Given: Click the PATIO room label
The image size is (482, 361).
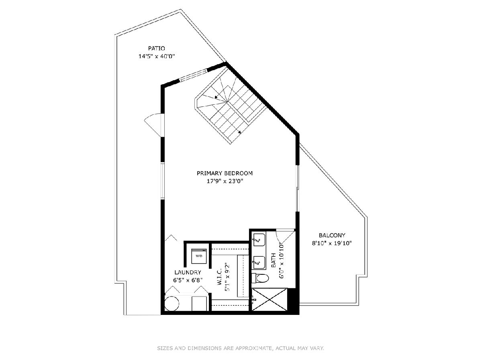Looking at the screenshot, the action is [x=156, y=48].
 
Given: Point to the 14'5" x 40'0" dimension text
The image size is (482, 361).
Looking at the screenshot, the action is [x=156, y=56].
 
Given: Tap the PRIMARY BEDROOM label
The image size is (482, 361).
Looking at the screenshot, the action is [x=225, y=173].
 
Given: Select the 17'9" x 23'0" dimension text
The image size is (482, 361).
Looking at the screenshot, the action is [x=225, y=181].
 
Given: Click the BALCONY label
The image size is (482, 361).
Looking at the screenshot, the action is [x=332, y=235].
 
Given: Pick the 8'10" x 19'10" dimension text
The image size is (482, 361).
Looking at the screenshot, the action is [x=332, y=243].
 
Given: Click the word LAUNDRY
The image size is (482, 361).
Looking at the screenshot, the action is [x=188, y=272].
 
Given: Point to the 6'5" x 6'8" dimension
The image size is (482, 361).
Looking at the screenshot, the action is [x=188, y=280].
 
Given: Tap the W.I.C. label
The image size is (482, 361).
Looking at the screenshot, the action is [x=220, y=277].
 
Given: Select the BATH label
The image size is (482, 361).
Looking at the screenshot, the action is [x=274, y=260].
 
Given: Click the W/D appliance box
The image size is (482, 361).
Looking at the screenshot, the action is [x=199, y=256].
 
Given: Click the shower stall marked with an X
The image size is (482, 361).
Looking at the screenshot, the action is [x=270, y=299].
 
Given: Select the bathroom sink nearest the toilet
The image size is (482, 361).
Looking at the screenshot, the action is [x=259, y=262].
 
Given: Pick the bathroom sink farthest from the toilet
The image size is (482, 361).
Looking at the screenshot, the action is [x=259, y=240].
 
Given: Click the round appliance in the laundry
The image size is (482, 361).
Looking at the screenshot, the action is [x=172, y=304].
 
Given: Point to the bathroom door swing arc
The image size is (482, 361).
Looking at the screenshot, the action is [x=278, y=239].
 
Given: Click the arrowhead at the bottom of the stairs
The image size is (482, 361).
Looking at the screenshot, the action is [x=239, y=132].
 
